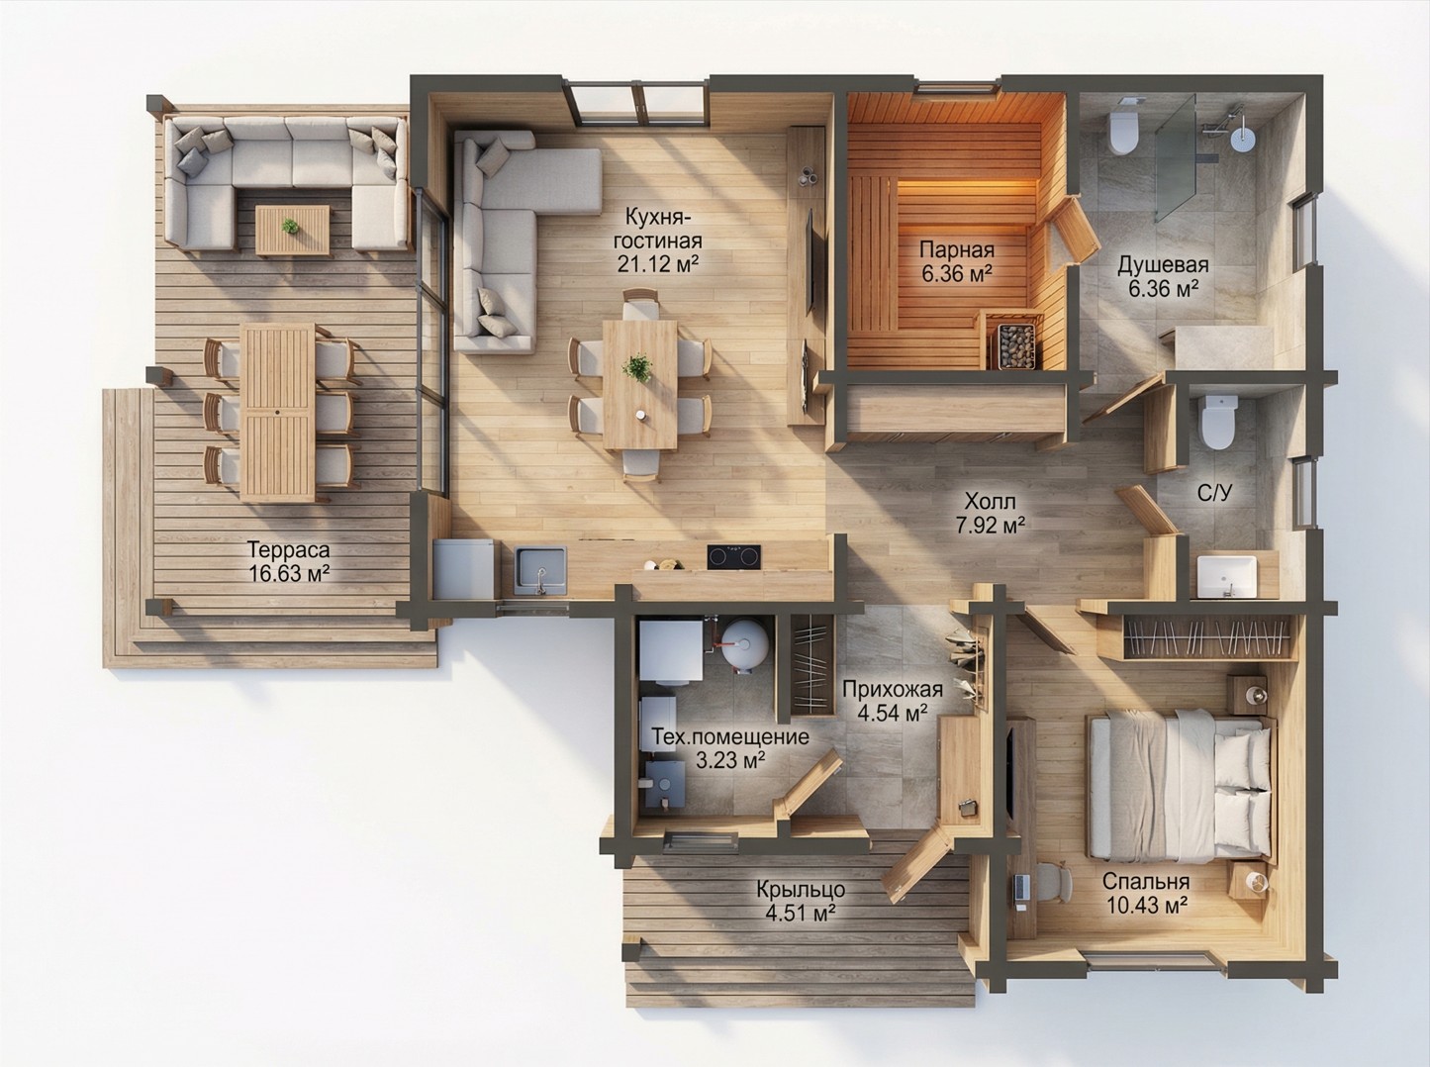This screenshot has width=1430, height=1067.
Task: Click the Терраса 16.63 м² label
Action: point(289,561)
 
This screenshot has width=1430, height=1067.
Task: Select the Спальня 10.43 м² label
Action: point(1145,893)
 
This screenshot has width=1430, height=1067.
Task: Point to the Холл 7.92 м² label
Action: point(991,513)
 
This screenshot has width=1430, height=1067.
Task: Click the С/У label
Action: point(1215,493)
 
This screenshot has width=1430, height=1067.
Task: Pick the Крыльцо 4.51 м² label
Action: point(801,901)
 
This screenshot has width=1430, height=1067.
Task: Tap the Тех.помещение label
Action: point(730,737)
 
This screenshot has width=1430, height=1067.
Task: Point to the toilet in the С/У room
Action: point(1217,422)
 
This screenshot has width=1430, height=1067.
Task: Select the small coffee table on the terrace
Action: point(293,230)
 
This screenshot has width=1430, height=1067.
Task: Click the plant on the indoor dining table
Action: point(636,368)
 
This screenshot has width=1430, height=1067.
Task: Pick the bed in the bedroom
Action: point(1180,787)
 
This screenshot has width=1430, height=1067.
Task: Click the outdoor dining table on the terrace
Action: point(278,413)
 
